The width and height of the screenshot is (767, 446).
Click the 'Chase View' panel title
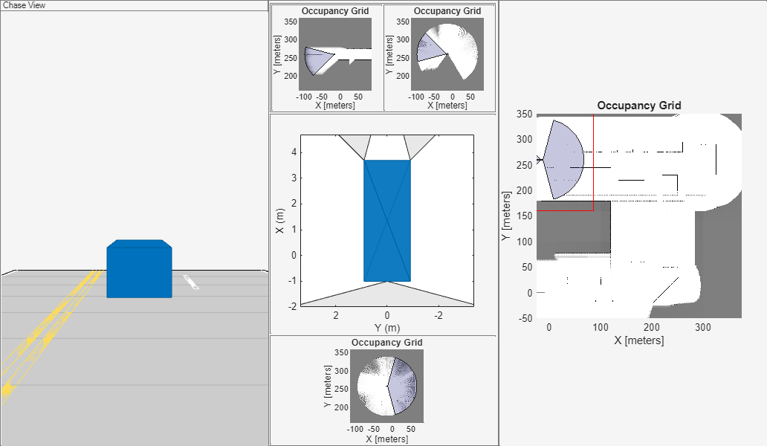24,5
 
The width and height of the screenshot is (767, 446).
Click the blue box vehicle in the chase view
140,268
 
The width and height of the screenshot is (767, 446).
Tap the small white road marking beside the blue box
191,282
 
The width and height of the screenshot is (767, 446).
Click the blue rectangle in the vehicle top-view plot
387,221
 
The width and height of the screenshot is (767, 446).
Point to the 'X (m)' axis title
279,221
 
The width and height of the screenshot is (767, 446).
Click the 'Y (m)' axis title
387,328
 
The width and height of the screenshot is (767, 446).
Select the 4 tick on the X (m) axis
294,152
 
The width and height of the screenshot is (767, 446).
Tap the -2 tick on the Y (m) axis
438,315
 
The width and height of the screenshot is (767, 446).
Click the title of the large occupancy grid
639,106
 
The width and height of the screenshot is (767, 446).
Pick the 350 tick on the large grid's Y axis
525,114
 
